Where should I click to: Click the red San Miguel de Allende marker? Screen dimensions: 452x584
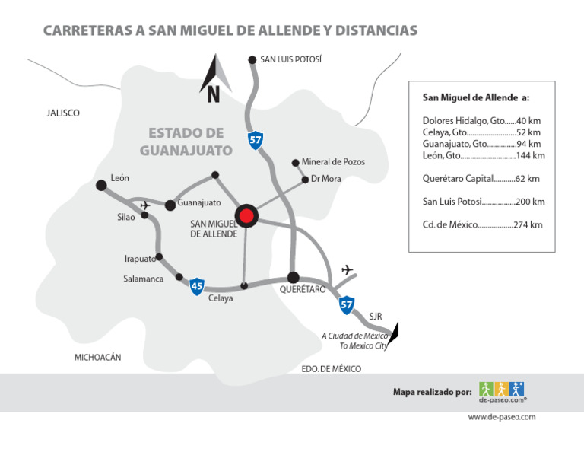click(x=246, y=216)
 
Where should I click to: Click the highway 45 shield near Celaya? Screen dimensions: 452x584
click(x=197, y=286)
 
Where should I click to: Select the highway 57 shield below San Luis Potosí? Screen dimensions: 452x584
click(x=255, y=140)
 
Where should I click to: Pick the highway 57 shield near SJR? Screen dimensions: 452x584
click(x=347, y=304)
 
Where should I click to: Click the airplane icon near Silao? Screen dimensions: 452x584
click(x=145, y=204)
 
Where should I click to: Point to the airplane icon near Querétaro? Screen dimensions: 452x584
click(x=348, y=269)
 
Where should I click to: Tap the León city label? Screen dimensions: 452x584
click(x=119, y=178)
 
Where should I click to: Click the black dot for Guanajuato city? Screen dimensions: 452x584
click(x=170, y=204)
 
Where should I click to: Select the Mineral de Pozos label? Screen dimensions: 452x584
click(x=333, y=162)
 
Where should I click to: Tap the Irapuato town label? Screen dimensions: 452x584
click(x=140, y=259)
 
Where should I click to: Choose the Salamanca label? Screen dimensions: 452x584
click(x=144, y=279)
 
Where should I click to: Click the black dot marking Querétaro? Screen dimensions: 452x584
click(x=294, y=277)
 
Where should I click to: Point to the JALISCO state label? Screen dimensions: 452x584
click(x=63, y=113)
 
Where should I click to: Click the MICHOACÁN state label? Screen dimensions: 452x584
click(x=98, y=358)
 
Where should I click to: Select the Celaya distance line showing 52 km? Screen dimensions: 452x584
click(x=481, y=132)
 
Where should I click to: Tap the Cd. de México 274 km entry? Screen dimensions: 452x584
click(x=482, y=225)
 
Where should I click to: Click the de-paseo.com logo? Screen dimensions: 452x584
click(x=503, y=392)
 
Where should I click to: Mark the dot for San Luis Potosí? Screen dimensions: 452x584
click(x=252, y=59)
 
